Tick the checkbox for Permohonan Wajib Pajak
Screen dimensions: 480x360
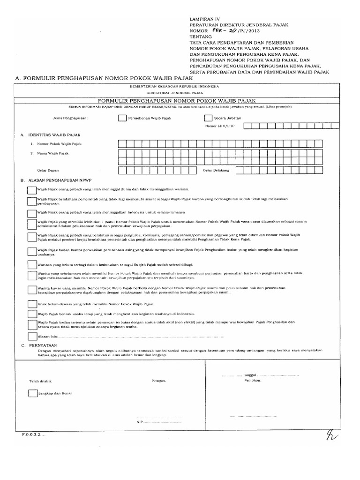[122, 119]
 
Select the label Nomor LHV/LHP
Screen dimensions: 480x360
[220, 126]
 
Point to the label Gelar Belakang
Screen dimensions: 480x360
[216, 171]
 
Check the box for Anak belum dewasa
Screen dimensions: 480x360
[31, 304]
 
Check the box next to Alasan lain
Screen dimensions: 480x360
[31, 336]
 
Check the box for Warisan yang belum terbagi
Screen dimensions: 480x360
[31, 265]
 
